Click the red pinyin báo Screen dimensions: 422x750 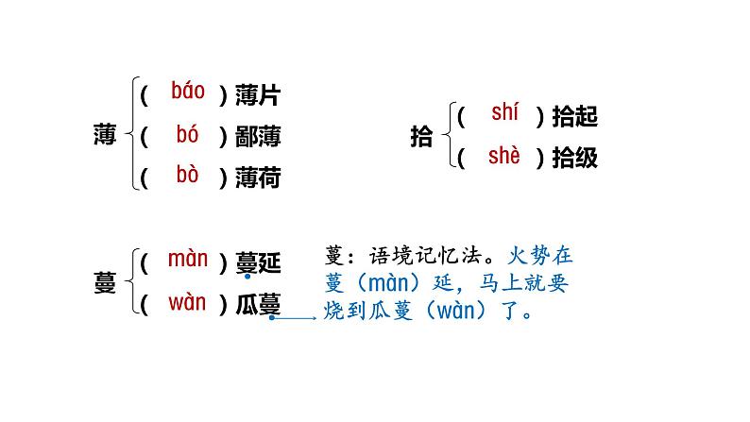click(188, 92)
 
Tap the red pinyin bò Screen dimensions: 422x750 click(188, 175)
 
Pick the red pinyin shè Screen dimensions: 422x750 click(504, 156)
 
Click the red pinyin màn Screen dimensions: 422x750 click(187, 259)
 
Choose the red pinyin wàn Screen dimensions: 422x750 click(187, 302)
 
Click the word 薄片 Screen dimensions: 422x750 click(258, 94)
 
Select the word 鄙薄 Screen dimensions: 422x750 click(258, 136)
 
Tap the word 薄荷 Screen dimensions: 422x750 click(258, 177)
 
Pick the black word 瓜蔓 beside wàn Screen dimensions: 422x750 click(258, 304)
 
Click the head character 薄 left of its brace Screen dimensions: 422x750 click(105, 136)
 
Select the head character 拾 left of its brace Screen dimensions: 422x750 click(421, 138)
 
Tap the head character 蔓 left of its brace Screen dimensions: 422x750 click(105, 283)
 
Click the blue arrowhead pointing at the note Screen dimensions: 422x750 click(314, 318)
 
